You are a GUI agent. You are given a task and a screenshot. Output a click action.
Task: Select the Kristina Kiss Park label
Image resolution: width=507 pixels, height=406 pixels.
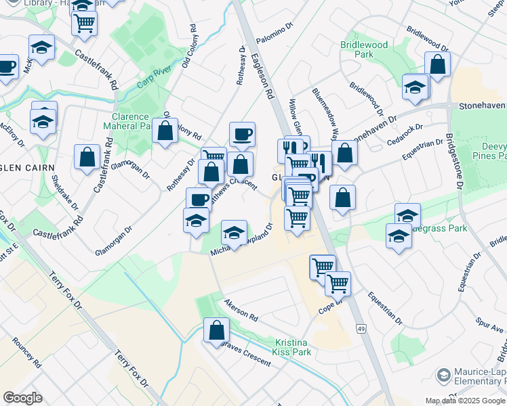click(293, 347)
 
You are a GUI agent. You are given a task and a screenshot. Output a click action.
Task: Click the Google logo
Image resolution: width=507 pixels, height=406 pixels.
click(22, 398)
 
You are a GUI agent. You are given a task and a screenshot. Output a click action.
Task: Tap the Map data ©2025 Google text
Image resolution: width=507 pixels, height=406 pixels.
click(466, 401)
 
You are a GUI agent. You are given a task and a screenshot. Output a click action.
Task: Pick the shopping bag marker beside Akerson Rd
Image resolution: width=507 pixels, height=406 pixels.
click(217, 330)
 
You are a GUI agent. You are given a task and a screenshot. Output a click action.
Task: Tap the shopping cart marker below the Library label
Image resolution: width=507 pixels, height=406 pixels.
click(85, 23)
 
